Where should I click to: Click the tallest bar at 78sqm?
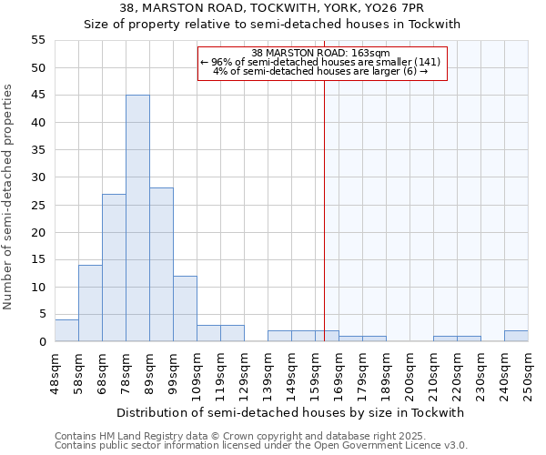pos(137,218)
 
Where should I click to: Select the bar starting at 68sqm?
pos(114,268)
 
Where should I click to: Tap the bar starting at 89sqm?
pos(161,265)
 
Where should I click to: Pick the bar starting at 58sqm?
pos(90,303)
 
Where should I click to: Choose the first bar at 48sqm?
pos(66,330)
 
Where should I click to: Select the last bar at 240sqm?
pos(516,336)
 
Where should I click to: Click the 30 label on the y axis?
pos(38,177)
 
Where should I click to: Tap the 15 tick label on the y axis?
pos(38,259)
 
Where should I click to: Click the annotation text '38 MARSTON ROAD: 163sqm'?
pos(320,53)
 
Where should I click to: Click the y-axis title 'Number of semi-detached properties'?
pos(9,197)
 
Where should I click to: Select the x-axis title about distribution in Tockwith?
pos(291,412)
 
